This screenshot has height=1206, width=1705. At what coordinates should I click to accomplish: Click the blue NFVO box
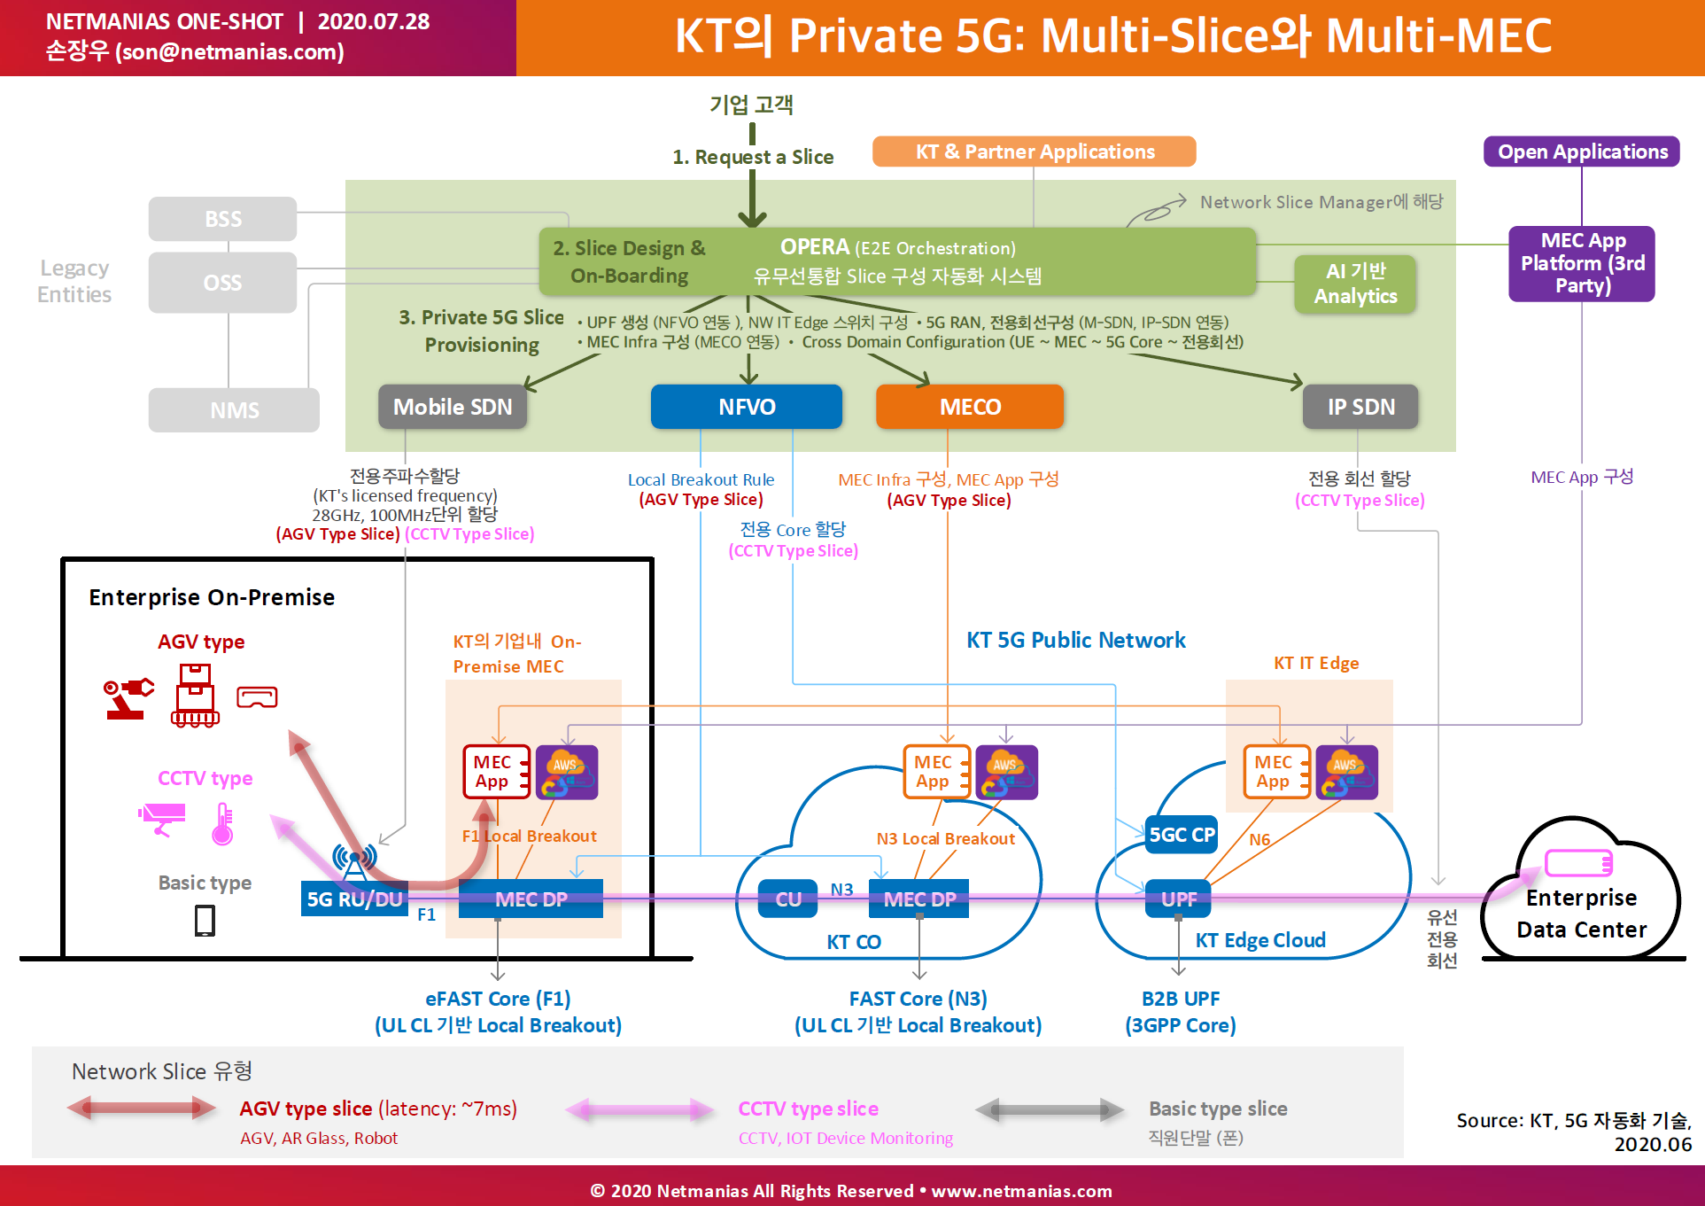point(747,407)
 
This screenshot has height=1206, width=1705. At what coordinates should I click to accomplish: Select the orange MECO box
point(970,407)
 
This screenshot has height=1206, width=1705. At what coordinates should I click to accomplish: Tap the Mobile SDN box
point(453,407)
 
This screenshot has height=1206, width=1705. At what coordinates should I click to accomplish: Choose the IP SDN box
point(1360,407)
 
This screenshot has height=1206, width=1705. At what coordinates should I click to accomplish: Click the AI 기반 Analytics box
point(1355,284)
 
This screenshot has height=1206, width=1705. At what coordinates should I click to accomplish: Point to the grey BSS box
point(222,219)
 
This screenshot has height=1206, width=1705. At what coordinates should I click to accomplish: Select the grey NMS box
point(234,410)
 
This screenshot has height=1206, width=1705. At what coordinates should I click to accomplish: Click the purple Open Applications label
point(1582,152)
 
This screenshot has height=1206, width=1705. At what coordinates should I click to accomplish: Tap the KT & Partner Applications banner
point(1034,152)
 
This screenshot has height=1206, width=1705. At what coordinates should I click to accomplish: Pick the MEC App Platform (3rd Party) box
point(1582,263)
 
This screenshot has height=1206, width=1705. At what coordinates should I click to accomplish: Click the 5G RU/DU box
point(354,899)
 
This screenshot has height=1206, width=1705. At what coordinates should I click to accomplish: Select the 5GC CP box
point(1182,835)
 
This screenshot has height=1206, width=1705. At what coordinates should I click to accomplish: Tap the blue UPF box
point(1178,899)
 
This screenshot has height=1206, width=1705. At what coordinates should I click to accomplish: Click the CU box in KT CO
point(788,899)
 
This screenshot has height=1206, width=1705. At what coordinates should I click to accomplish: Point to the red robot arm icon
point(128,698)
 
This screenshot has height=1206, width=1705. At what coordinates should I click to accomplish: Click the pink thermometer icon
point(223,823)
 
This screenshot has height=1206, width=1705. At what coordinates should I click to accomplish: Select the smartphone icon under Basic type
point(205,921)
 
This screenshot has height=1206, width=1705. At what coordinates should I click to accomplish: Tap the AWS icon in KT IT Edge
point(1346,772)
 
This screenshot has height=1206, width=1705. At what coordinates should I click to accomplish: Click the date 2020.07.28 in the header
point(373,21)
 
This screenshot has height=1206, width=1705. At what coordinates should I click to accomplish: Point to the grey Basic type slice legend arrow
point(1050,1109)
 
